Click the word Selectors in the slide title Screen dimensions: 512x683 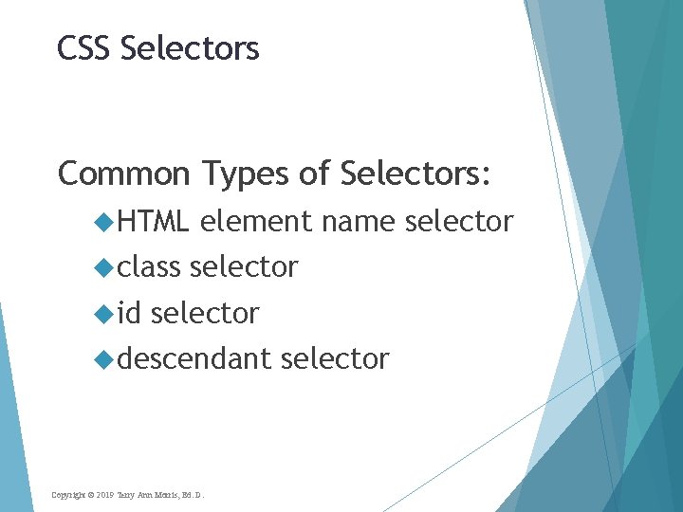click(x=190, y=47)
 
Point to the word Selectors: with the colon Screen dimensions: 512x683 click(x=415, y=174)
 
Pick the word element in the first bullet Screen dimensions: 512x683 click(x=256, y=222)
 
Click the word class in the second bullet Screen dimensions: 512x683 click(x=149, y=267)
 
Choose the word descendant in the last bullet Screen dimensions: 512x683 click(x=194, y=359)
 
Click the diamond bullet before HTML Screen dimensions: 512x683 click(x=104, y=223)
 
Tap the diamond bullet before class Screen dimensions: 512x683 click(x=104, y=268)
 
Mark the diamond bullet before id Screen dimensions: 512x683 click(x=104, y=314)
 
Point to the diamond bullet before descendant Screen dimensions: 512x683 click(x=104, y=359)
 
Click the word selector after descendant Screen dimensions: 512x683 click(x=335, y=359)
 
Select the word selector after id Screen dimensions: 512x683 click(x=205, y=313)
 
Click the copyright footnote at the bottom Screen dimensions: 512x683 click(x=127, y=495)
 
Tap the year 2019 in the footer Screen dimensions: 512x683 click(x=104, y=495)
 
